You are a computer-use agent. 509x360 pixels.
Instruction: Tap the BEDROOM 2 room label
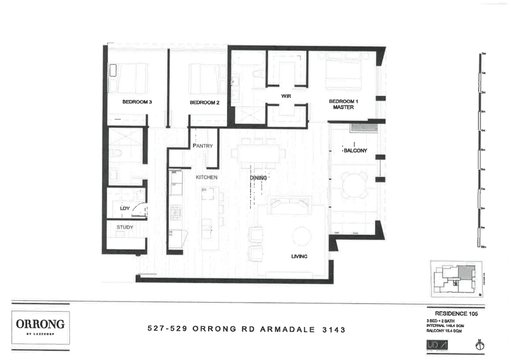click(x=204, y=102)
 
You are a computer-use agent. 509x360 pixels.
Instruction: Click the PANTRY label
click(x=202, y=146)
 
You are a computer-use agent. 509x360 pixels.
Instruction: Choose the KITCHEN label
click(x=207, y=177)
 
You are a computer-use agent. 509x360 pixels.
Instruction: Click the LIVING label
click(x=299, y=256)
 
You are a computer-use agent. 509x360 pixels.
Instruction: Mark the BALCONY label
click(x=355, y=151)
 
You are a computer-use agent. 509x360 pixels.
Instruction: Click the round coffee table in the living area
click(x=302, y=236)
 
